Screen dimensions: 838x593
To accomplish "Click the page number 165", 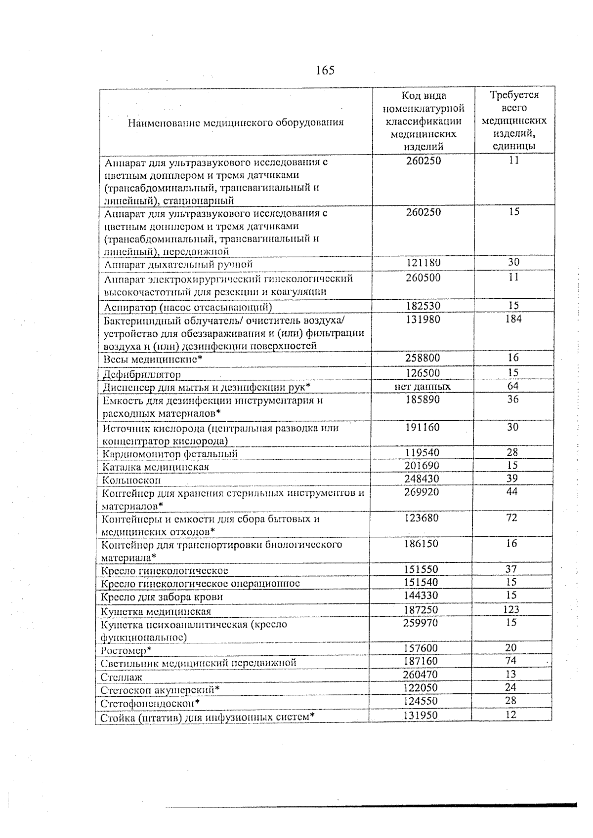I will (x=325, y=70).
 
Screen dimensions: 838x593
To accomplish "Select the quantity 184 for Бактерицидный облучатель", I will (x=513, y=319).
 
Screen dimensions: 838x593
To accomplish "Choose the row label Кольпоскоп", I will (x=131, y=480).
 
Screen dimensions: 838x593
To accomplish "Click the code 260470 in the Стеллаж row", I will (x=421, y=675).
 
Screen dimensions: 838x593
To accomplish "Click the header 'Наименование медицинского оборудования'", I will (x=235, y=122).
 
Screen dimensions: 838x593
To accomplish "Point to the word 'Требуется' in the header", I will (x=514, y=95).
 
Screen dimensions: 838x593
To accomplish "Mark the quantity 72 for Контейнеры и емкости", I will (x=512, y=518).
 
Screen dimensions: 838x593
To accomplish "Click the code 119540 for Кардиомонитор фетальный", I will (x=422, y=453).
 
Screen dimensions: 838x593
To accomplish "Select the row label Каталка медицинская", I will (x=156, y=467).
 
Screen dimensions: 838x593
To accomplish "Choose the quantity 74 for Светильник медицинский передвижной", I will (x=511, y=661).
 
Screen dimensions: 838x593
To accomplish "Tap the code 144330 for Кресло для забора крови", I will (x=421, y=596).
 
